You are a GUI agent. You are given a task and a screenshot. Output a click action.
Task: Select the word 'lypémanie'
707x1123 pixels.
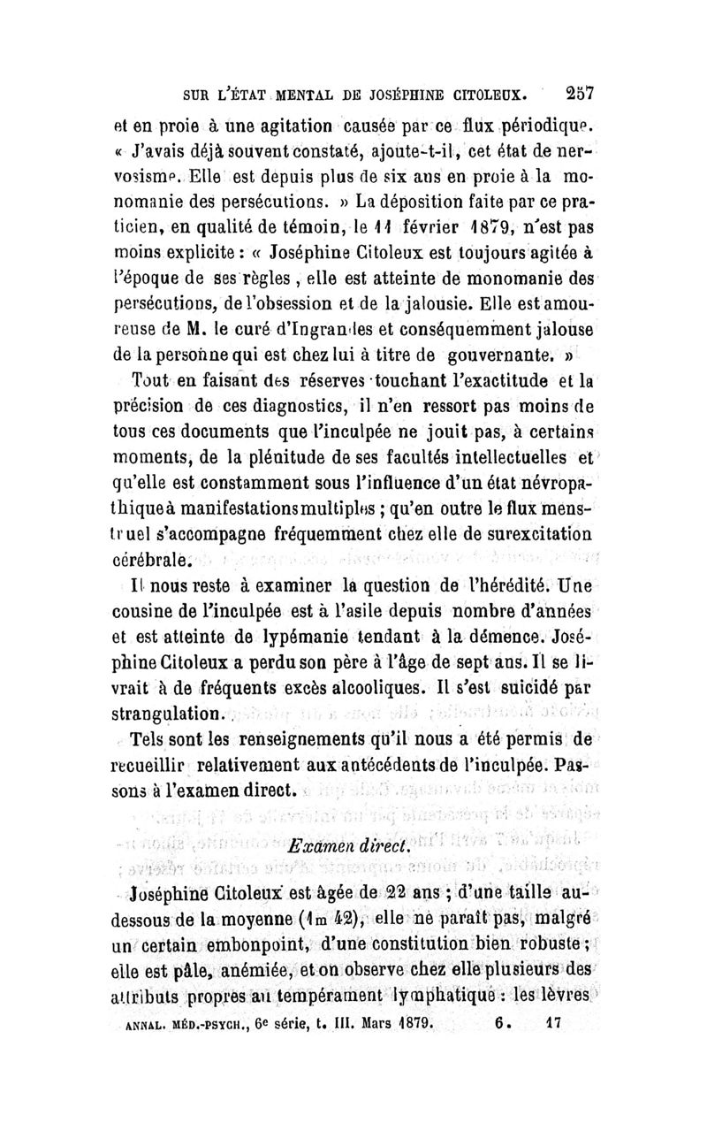coord(296,637)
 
